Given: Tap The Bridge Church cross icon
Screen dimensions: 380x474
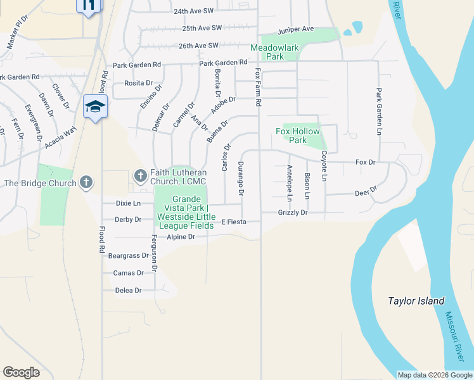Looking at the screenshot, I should click(x=86, y=183).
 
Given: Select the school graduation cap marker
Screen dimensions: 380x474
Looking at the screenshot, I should click(x=95, y=106).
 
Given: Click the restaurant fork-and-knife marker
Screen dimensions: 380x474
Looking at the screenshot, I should click(x=89, y=5).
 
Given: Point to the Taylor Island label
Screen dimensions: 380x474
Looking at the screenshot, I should click(x=416, y=301).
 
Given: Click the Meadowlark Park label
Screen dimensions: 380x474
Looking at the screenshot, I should click(x=275, y=52).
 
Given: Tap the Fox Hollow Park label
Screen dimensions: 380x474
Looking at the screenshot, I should click(x=298, y=136).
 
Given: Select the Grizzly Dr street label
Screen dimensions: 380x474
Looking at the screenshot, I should click(x=292, y=213).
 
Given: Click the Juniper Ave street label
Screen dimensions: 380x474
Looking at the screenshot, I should click(x=296, y=29).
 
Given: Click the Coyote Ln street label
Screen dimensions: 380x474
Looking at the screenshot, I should click(x=323, y=167).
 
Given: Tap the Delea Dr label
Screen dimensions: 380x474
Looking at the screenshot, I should click(x=128, y=290).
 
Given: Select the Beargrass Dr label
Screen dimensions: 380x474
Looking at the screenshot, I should click(x=129, y=256).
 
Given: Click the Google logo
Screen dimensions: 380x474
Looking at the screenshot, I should click(x=21, y=372).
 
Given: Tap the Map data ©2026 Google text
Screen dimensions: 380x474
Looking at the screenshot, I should click(x=434, y=375).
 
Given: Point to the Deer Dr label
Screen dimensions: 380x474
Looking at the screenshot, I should click(x=366, y=191).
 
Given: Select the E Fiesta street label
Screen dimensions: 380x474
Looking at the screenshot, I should click(x=233, y=222).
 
